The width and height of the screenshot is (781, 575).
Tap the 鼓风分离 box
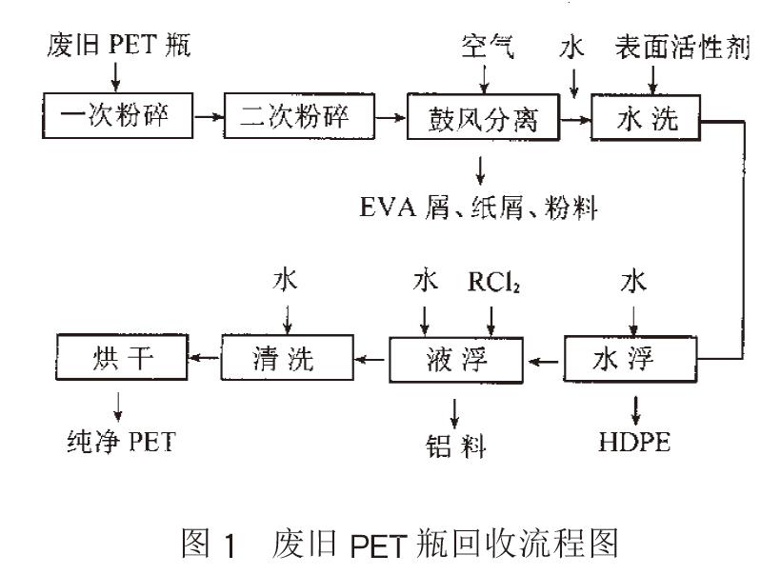482,119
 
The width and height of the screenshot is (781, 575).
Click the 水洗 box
648,119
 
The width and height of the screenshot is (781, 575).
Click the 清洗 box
289,359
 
